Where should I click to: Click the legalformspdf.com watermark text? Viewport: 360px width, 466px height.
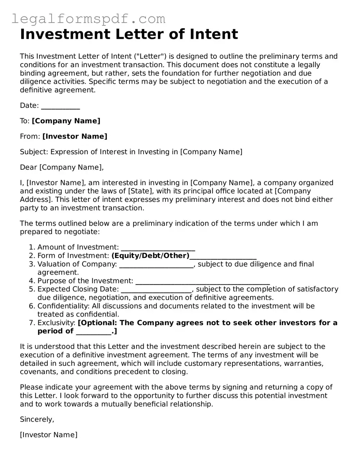tap(88, 18)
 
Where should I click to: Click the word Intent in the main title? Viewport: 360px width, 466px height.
tap(214, 34)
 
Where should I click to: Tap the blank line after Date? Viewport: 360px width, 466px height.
tap(60, 106)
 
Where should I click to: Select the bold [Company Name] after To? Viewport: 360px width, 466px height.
tap(66, 121)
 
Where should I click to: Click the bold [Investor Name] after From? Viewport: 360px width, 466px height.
tap(74, 136)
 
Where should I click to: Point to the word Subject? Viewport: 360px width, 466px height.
tap(34, 152)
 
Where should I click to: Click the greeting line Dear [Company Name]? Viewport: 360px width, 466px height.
tap(62, 167)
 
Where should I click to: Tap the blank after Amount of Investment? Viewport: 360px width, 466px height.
tap(158, 247)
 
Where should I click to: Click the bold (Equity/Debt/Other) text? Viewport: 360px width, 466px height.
tap(150, 256)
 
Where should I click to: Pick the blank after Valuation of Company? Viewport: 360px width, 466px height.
tap(156, 264)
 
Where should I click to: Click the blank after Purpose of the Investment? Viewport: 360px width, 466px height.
tap(202, 281)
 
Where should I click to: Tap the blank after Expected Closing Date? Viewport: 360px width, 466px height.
tap(157, 289)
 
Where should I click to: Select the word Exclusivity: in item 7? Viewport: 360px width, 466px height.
tap(56, 323)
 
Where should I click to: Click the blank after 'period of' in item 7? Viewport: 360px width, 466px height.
tap(93, 331)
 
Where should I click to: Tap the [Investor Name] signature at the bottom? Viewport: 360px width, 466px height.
tap(49, 435)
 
